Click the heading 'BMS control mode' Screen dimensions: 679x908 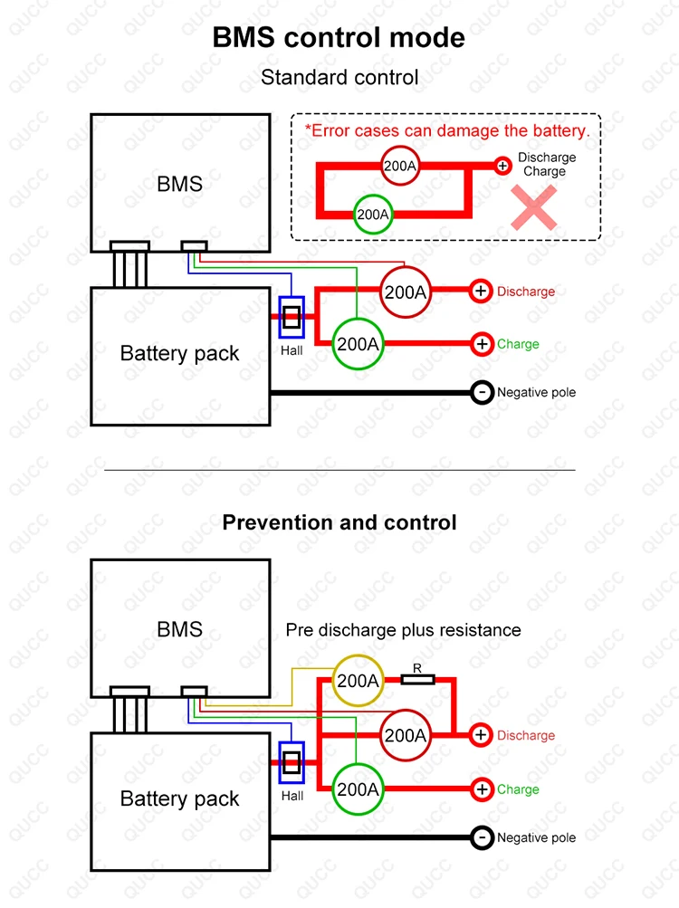pos(339,38)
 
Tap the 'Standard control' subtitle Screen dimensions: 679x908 pos(339,77)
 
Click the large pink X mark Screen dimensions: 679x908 pos(533,207)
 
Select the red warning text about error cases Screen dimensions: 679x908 pos(447,131)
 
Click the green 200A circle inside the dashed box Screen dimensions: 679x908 pos(372,215)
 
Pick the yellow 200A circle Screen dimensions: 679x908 pos(358,681)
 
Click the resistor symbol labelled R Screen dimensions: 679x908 pos(417,679)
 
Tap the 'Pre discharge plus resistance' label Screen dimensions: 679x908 pos(403,630)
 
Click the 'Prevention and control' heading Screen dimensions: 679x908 pos(339,522)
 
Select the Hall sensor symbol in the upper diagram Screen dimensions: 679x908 pos(292,317)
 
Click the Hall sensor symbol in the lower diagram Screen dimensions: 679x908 pos(292,762)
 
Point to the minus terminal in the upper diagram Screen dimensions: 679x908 pos(482,393)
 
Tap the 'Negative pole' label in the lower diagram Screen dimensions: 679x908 pos(537,838)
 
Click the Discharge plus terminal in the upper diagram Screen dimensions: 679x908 pos(481,291)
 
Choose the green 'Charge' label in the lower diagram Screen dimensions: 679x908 pos(518,789)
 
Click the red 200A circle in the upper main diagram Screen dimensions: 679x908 pos(406,292)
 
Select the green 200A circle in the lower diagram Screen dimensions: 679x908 pos(358,789)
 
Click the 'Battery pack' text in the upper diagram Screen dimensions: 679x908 pos(179,353)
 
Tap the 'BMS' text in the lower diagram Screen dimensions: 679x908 pos(179,629)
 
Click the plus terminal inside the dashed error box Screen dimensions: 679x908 pos(502,167)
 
